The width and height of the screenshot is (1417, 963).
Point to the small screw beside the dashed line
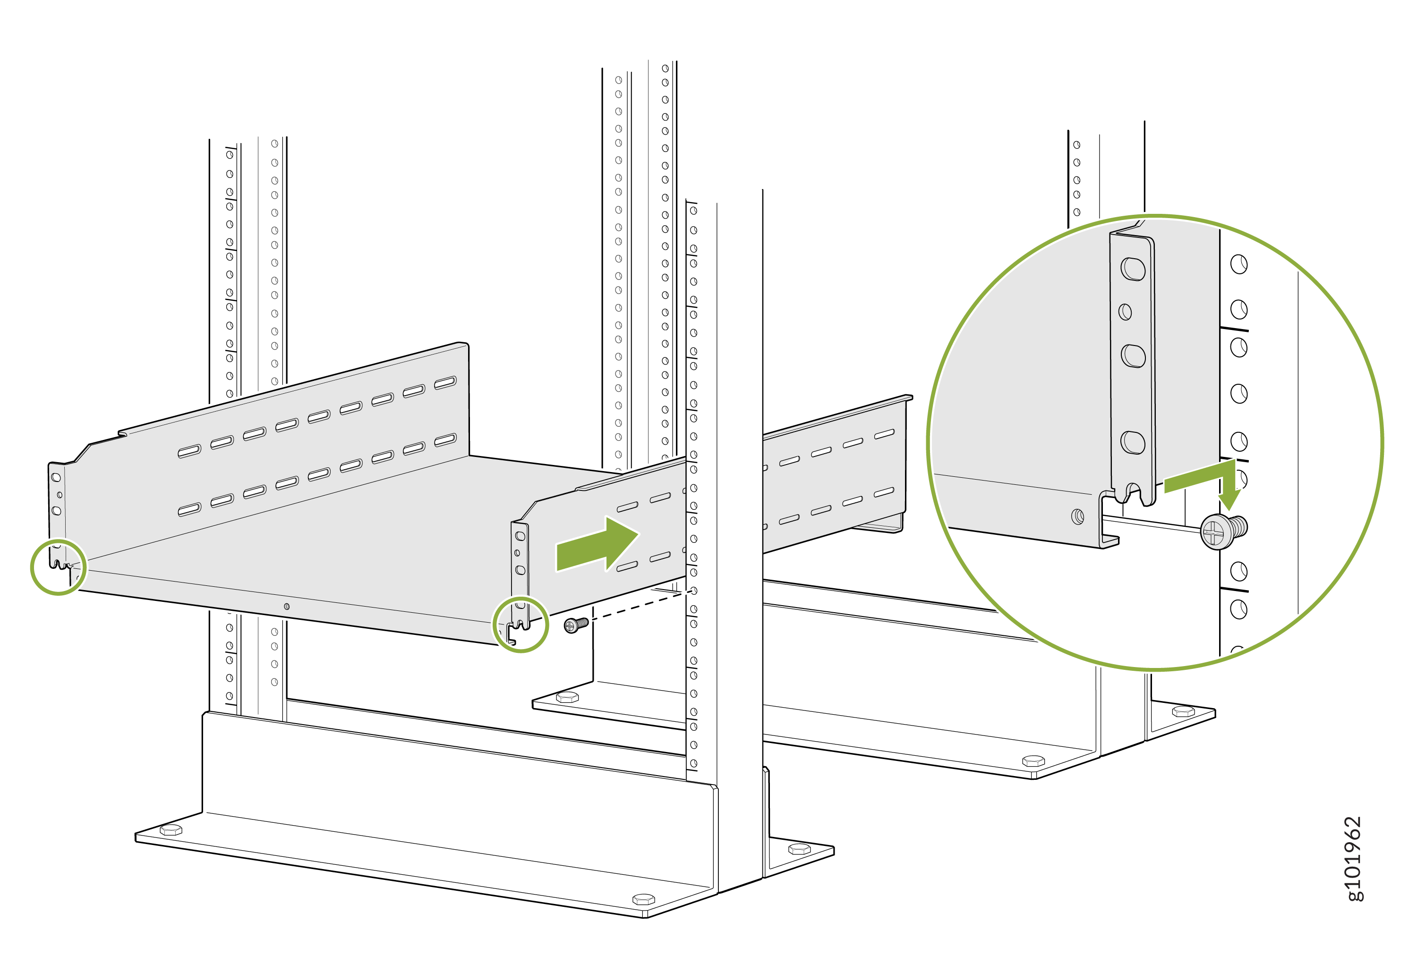coord(575,624)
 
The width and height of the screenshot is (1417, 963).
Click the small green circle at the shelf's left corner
coord(59,567)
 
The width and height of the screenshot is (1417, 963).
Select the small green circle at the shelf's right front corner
coord(520,625)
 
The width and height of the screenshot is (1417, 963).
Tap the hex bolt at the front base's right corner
coord(643,899)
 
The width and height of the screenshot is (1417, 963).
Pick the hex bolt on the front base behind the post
coord(799,848)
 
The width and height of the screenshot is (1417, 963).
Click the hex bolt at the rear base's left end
coord(567,697)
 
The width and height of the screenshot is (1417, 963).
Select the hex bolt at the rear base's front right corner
coord(1033,760)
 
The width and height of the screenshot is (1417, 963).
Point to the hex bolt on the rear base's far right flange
coord(1183,710)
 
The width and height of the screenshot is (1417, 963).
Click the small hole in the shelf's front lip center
coord(287,607)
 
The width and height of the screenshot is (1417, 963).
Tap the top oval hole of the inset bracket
coord(1133,269)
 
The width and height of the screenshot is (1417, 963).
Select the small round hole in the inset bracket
coord(1125,312)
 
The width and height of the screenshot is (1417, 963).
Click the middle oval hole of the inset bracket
coord(1133,356)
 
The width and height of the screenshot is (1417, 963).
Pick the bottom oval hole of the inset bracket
coord(1132,442)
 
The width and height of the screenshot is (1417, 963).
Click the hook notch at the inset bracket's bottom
coord(1133,492)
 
